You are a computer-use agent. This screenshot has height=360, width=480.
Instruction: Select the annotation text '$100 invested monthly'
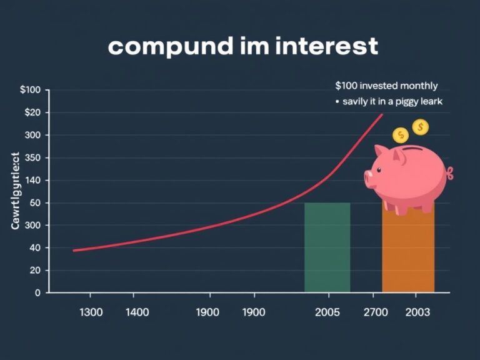(386, 86)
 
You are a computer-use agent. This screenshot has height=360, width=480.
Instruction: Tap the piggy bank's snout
(371, 179)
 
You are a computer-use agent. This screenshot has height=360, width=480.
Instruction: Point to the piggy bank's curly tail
(450, 172)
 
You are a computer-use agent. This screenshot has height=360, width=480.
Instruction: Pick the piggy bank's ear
(381, 153)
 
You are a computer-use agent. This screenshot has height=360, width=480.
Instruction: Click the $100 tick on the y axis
(30, 90)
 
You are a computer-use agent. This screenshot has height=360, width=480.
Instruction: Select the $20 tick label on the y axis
(31, 112)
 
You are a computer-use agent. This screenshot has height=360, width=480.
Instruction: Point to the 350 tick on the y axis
(31, 157)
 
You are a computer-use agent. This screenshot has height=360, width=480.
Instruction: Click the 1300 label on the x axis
(91, 312)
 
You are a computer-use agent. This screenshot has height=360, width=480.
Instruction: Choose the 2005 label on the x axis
(327, 312)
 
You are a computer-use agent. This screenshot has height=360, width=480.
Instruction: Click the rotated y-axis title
(16, 191)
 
